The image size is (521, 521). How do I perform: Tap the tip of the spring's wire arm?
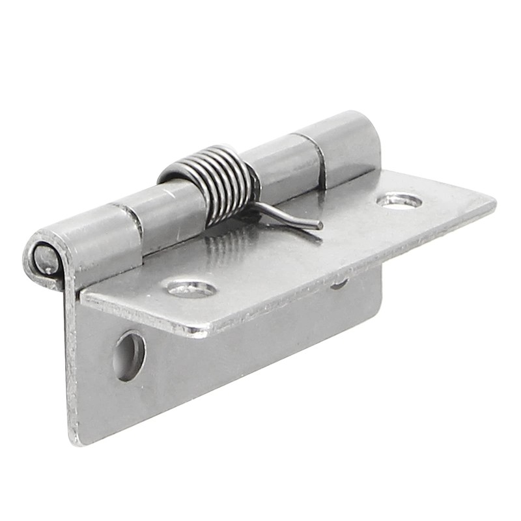[x=319, y=226]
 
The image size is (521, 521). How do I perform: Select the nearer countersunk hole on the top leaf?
[x=190, y=287]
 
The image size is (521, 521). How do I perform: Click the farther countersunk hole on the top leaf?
[x=399, y=201]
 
